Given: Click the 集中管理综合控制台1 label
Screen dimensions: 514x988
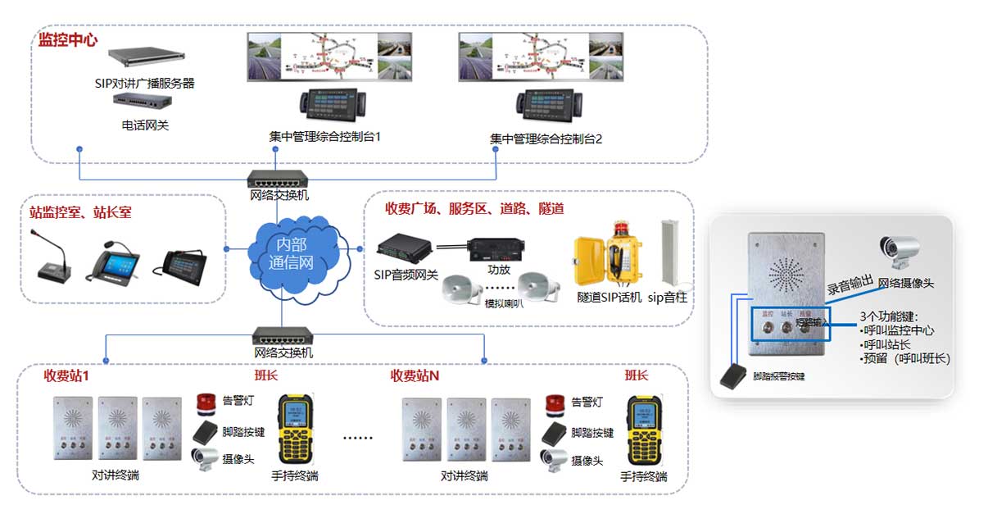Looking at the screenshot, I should (x=324, y=137).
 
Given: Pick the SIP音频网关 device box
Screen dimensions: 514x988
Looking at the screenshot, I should (x=403, y=246).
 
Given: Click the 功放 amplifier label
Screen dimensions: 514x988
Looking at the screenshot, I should (x=499, y=268).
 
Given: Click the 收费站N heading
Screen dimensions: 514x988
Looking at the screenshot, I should (x=415, y=375).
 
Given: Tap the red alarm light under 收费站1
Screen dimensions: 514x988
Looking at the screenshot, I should (x=205, y=403).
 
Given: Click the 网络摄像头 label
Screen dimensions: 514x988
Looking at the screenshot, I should (x=906, y=284).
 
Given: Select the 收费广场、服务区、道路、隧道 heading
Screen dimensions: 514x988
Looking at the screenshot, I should (x=474, y=209).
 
